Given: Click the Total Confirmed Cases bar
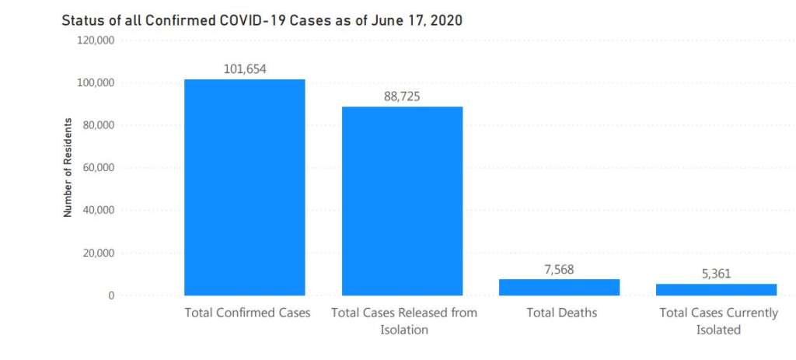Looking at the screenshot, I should (245, 187).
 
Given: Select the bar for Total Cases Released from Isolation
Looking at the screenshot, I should (403, 201).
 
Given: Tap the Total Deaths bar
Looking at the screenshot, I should (559, 287).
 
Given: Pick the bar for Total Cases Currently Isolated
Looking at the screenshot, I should (716, 289).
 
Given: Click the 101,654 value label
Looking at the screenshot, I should (245, 69).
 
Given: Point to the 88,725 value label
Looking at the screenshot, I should (403, 96).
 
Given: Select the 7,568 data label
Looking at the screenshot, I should (559, 269).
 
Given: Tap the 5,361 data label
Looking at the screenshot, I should (716, 274).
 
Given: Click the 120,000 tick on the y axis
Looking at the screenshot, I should (96, 40).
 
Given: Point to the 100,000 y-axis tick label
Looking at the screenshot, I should (96, 83).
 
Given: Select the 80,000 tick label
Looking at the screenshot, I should (99, 125).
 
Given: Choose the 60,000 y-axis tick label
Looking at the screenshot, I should (99, 168).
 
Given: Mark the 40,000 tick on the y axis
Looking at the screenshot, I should (99, 210).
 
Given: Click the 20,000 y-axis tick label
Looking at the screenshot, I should (99, 253).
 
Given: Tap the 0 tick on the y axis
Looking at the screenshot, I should (111, 295).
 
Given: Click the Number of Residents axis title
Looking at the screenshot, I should (68, 167).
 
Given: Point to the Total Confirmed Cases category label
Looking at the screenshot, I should (247, 313).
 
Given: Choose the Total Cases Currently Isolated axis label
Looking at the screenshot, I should (717, 321).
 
